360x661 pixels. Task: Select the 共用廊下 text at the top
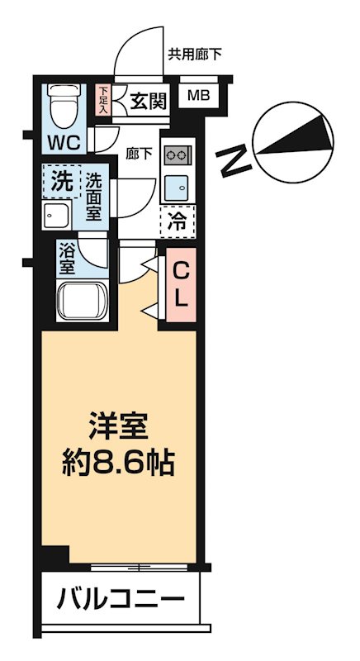[x=195, y=55]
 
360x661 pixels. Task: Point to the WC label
[x=62, y=141]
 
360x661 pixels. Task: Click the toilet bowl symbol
[x=63, y=103]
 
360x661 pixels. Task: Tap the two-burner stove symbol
[x=177, y=154]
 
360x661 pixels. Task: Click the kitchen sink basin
[x=176, y=186]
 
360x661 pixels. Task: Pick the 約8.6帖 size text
[x=119, y=463]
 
